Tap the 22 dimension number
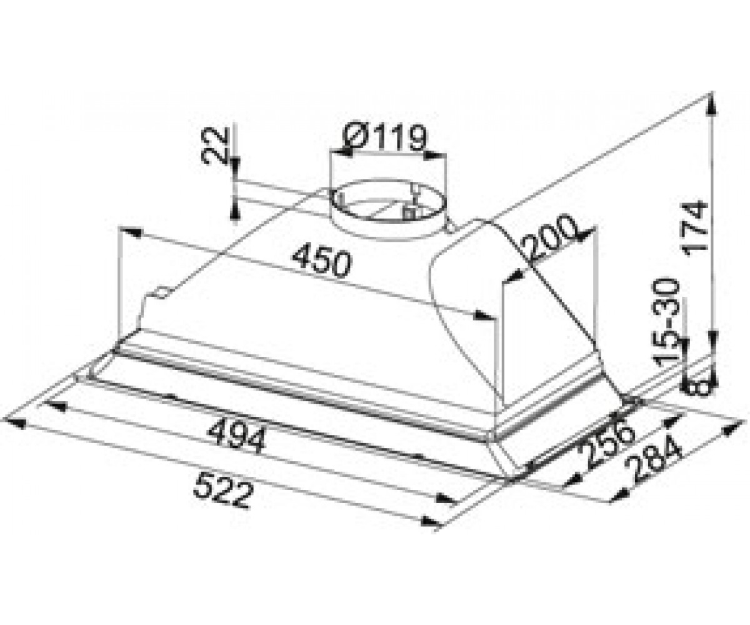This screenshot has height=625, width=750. tap(216, 146)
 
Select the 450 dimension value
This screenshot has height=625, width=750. tap(321, 261)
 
